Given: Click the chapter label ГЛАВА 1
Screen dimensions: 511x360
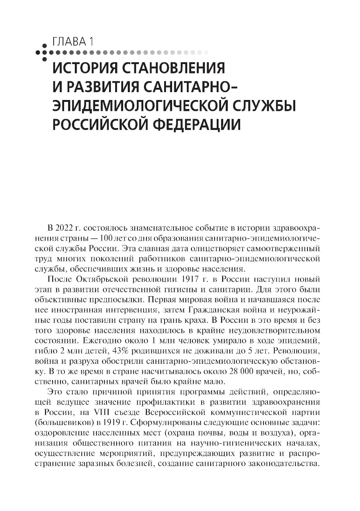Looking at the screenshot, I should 73,42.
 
